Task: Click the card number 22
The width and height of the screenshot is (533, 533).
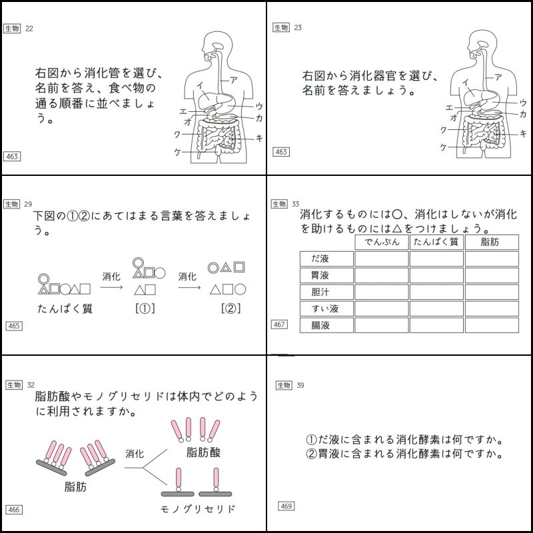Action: coord(29,28)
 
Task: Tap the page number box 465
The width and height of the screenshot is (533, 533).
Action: coord(13,326)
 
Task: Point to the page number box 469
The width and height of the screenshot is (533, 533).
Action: coord(286,506)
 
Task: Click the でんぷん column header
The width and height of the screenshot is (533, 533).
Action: coord(382,242)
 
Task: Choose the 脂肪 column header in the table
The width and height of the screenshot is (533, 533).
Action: coord(490,242)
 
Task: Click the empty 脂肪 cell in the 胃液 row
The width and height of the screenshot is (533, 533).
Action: coord(491,276)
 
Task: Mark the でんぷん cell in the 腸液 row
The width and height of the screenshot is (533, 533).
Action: coord(382,326)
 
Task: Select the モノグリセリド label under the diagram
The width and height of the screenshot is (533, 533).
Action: coord(199,509)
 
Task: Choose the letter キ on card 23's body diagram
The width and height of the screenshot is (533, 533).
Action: coord(524,133)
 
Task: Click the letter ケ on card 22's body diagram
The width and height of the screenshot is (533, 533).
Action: coord(177,153)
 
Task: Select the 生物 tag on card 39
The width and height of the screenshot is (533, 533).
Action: coord(283,385)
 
